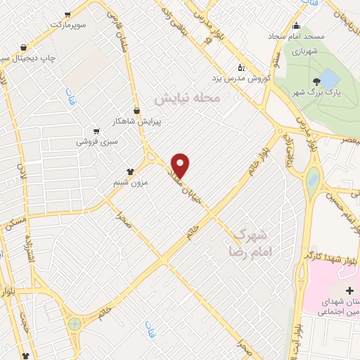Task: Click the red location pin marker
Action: pos(181,165)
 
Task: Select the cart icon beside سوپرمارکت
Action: pos(67,14)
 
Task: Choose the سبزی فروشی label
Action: pos(98,141)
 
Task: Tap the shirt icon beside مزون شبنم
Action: pos(130,171)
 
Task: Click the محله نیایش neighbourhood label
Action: pos(188,99)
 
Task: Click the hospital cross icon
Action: pos(350,290)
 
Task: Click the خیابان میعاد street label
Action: pos(184,185)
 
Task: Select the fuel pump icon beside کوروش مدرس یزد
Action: pos(241,68)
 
